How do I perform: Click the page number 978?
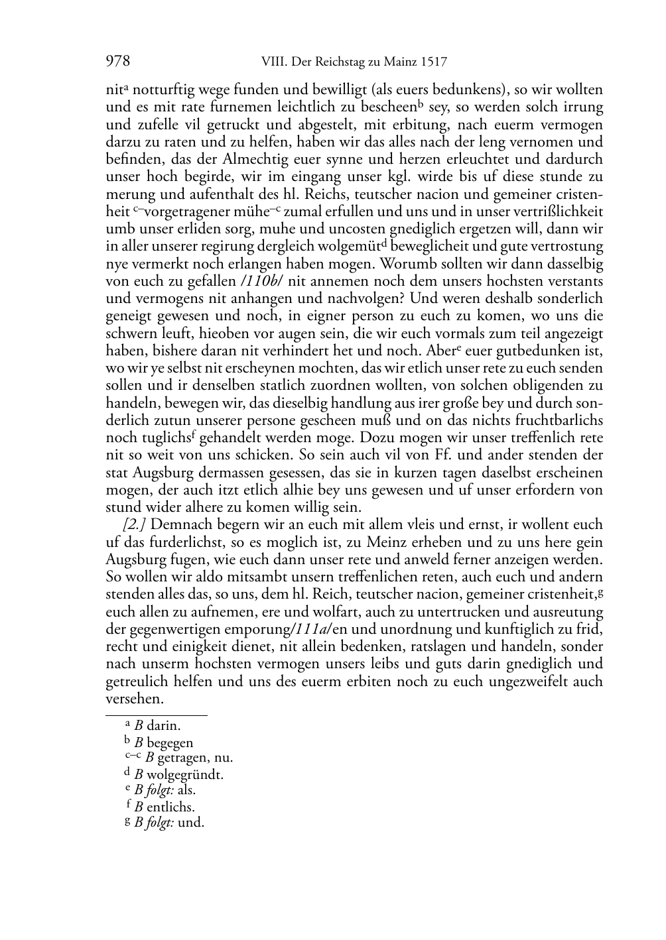117,62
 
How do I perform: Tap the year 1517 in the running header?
433,63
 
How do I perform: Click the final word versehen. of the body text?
134,699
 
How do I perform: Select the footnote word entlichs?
170,807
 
